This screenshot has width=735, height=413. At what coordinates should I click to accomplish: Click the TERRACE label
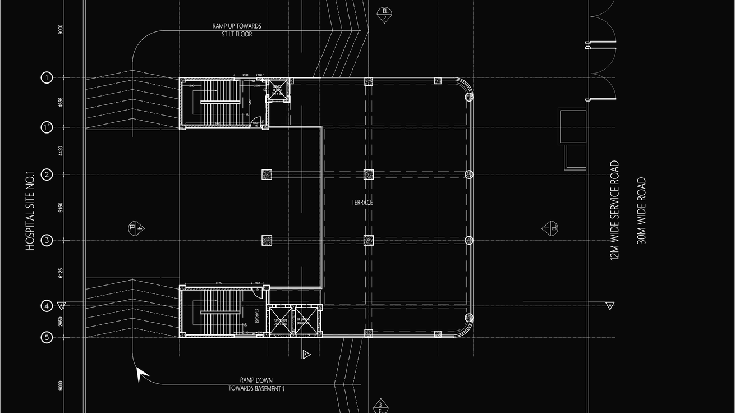click(x=362, y=202)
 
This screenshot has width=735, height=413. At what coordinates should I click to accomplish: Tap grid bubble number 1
click(x=47, y=77)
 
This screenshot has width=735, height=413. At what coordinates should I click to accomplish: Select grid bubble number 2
click(x=47, y=175)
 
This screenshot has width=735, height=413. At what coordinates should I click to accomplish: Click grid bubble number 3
click(x=47, y=240)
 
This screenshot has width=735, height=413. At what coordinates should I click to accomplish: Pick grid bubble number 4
click(x=47, y=306)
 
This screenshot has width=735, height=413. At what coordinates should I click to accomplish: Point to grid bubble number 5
click(x=47, y=337)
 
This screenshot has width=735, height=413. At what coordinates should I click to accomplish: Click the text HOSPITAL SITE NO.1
click(x=30, y=210)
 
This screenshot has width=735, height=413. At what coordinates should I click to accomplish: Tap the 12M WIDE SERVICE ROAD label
click(x=615, y=210)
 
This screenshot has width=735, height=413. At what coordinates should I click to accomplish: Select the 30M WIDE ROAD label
click(x=641, y=210)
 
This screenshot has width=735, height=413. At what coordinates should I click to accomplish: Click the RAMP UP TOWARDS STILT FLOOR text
click(x=236, y=30)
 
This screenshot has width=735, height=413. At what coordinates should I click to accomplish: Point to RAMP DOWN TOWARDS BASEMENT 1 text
click(x=256, y=384)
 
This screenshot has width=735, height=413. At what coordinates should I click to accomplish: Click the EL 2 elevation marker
click(x=384, y=15)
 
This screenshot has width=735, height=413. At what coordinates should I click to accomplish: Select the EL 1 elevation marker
click(x=550, y=228)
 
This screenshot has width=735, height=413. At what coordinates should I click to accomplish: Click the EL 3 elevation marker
click(x=380, y=406)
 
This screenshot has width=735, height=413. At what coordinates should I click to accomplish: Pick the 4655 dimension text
click(x=61, y=103)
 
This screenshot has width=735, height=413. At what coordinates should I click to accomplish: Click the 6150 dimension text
click(x=61, y=208)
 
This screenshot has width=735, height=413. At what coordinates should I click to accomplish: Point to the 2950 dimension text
click(x=61, y=322)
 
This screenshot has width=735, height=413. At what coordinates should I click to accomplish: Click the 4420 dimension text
click(x=61, y=151)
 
